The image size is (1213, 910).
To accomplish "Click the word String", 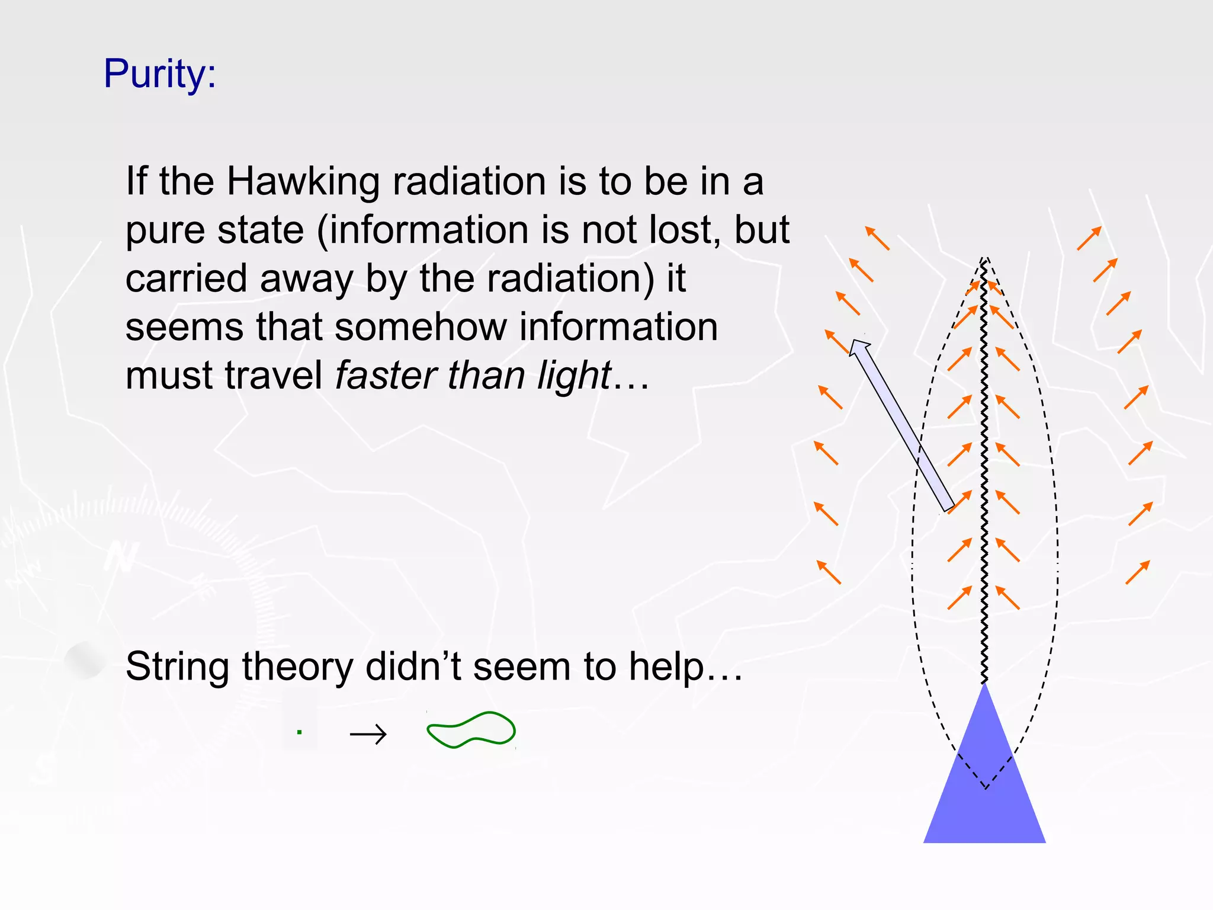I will pyautogui.click(x=177, y=667).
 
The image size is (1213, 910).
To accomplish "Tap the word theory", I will pyautogui.click(x=299, y=667).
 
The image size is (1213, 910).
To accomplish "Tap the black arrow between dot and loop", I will pyautogui.click(x=368, y=735).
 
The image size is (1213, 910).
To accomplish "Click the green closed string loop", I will pyautogui.click(x=471, y=730).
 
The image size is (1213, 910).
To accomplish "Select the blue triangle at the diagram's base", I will pyautogui.click(x=984, y=794).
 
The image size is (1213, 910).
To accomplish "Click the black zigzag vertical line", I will pyautogui.click(x=984, y=474).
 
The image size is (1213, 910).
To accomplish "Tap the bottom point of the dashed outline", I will pyautogui.click(x=986, y=789).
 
